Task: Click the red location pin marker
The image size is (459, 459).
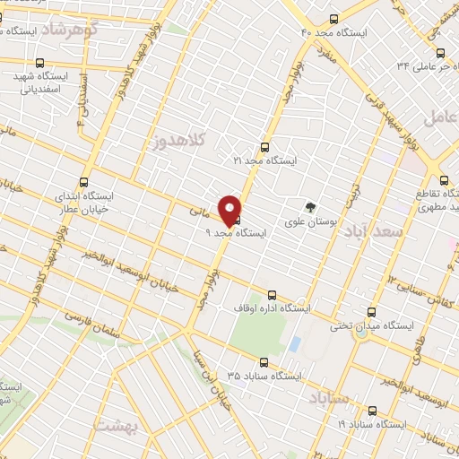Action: coord(230,210)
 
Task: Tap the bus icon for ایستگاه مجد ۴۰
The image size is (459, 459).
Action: coord(334,19)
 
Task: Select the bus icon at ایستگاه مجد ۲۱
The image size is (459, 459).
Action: coord(264,148)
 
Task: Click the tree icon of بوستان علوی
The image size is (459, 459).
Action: coord(312,205)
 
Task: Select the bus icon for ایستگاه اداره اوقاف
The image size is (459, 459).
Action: coord(272,296)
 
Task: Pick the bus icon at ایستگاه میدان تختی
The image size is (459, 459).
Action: coord(374,314)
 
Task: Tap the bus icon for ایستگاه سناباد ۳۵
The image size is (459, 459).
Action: coord(263,363)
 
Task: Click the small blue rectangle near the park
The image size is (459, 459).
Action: coord(295,344)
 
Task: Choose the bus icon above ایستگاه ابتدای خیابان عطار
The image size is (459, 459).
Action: coord(84,180)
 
